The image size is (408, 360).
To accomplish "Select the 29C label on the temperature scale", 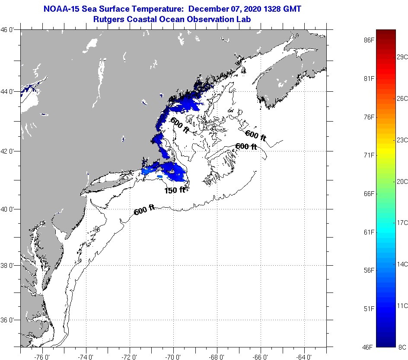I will coord(402,57).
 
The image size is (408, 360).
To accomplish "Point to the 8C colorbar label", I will coord(402,347).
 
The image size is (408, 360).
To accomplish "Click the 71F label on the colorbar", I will coord(370,155).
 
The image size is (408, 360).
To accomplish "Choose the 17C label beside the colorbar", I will coord(402,223).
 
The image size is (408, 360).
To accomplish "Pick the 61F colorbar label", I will coord(370,232).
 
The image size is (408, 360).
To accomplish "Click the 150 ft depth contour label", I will coord(175,190).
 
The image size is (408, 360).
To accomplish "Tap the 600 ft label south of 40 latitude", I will coord(144,211).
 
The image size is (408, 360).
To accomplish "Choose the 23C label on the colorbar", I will coord(402,140).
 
